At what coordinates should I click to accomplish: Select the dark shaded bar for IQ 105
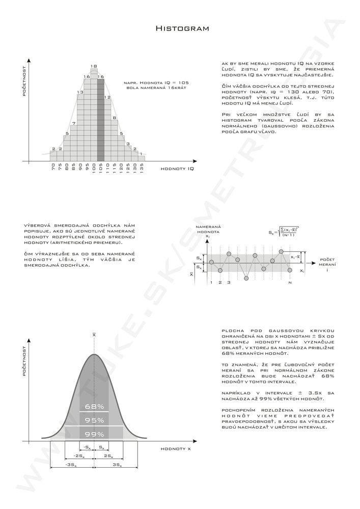click(x=101, y=120)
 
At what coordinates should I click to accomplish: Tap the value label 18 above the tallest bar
click(x=94, y=66)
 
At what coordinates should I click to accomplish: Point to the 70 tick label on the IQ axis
click(x=53, y=167)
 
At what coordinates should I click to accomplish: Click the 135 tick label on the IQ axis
click(x=141, y=168)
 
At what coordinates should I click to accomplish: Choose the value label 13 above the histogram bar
click(x=80, y=92)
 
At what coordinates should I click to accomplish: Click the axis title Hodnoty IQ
click(x=177, y=168)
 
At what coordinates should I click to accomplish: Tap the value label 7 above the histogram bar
click(x=74, y=123)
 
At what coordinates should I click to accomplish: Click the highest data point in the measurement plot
click(x=281, y=251)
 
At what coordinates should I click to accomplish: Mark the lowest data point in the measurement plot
click(x=246, y=278)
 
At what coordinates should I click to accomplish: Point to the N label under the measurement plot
click(x=290, y=282)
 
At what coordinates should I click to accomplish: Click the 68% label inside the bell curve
click(x=95, y=407)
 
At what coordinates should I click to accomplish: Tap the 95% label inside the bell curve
click(x=95, y=420)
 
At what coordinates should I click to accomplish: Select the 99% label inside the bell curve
click(x=95, y=434)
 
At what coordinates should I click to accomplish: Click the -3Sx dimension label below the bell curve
click(x=71, y=465)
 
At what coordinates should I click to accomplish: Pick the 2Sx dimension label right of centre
click(x=108, y=456)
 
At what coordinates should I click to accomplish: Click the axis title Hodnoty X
click(x=176, y=449)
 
